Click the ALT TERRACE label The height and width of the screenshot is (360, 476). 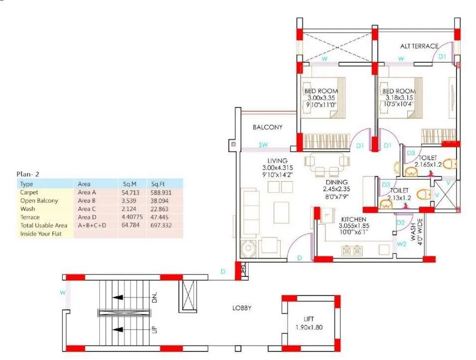pyautogui.click(x=419, y=46)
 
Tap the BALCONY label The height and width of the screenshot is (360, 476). pyautogui.click(x=267, y=127)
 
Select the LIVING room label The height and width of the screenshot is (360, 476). pyautogui.click(x=277, y=161)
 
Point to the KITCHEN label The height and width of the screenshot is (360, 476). pyautogui.click(x=354, y=220)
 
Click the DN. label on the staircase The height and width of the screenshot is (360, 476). pyautogui.click(x=155, y=298)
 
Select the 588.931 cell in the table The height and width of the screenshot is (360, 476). pyautogui.click(x=161, y=192)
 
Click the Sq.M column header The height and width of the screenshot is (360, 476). pyautogui.click(x=130, y=184)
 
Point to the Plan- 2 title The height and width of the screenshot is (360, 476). pyautogui.click(x=28, y=174)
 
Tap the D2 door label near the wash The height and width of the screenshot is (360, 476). pyautogui.click(x=401, y=223)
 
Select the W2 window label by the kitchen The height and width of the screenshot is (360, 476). pyautogui.click(x=401, y=244)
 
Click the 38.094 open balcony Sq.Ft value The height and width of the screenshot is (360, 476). pyautogui.click(x=161, y=201)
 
